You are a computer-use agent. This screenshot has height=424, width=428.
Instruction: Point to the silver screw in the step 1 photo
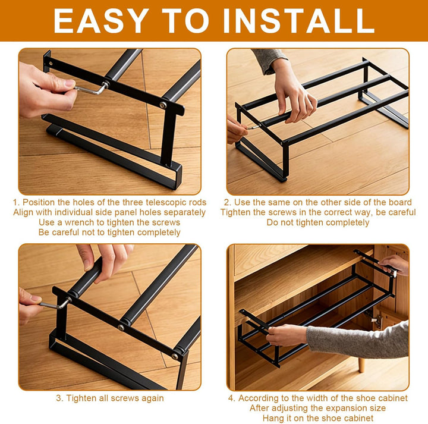pyautogui.click(x=162, y=105)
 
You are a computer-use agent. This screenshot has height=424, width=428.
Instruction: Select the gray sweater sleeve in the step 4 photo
pyautogui.click(x=357, y=338)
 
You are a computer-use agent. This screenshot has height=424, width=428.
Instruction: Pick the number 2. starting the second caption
pyautogui.click(x=228, y=202)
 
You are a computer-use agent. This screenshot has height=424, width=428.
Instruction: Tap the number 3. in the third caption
pyautogui.click(x=59, y=398)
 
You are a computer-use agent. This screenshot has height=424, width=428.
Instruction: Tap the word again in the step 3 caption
pyautogui.click(x=151, y=398)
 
